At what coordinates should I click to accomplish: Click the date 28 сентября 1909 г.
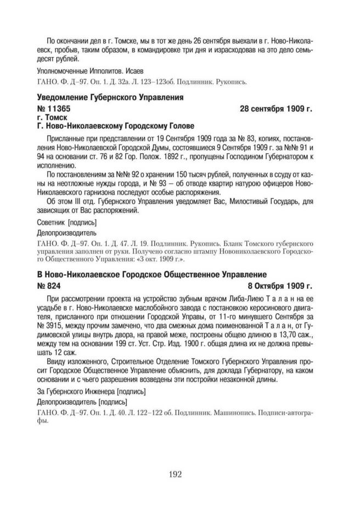click(x=276, y=109)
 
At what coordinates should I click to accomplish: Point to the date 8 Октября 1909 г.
click(x=279, y=286)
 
